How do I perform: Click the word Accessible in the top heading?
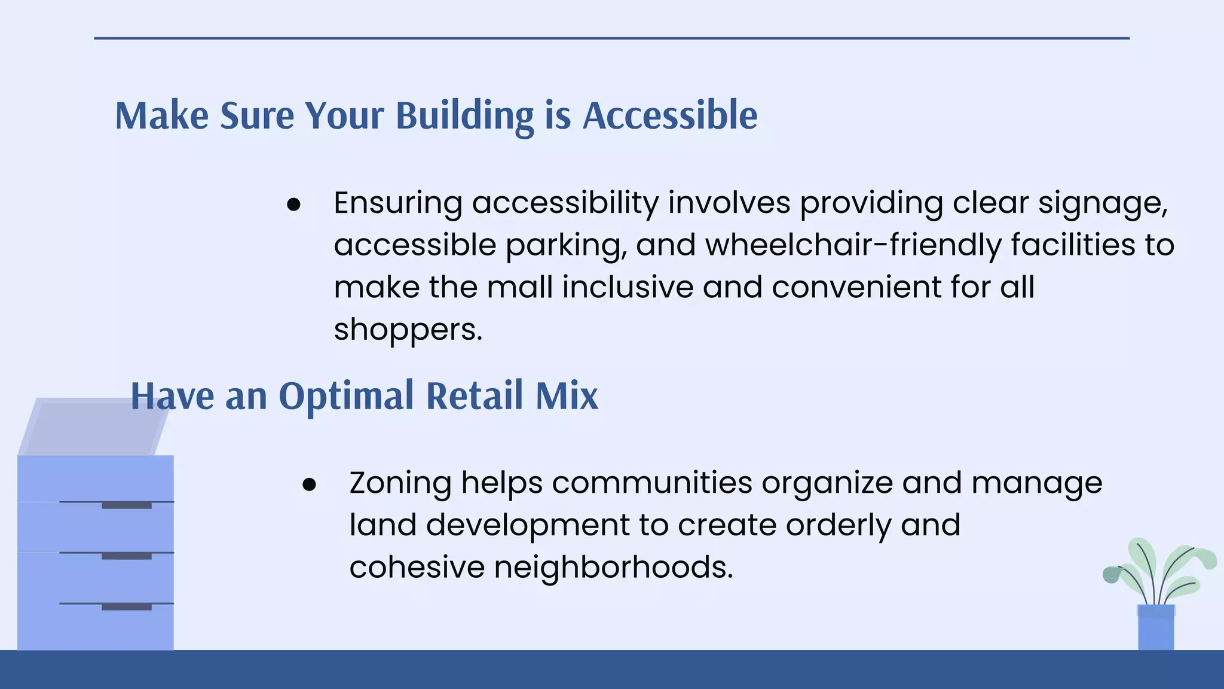[x=669, y=115]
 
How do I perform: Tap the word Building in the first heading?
[x=464, y=115]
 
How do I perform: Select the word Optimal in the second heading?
[x=346, y=395]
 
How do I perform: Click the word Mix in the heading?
[x=566, y=395]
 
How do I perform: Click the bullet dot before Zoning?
[x=309, y=485]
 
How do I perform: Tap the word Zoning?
[x=400, y=483]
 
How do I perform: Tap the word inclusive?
[x=628, y=287]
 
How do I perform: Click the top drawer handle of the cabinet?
[x=126, y=506]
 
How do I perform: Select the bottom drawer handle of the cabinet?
[x=126, y=608]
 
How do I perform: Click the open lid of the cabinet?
[x=93, y=426]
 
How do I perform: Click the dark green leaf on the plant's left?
[x=1112, y=575]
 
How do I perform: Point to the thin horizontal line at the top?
[x=611, y=38]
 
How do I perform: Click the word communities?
[x=651, y=483]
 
